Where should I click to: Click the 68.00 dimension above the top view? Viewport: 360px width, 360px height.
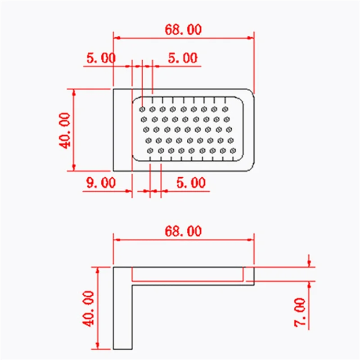[183, 30]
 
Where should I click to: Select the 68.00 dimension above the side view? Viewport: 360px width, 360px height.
[183, 231]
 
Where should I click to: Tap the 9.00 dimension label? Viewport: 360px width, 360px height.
[100, 183]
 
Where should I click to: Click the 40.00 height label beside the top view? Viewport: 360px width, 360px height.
[64, 130]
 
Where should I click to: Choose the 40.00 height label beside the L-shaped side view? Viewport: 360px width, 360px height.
[88, 308]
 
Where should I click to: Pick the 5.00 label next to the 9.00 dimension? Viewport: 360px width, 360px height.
[190, 183]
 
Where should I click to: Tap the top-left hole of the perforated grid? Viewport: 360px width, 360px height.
[142, 109]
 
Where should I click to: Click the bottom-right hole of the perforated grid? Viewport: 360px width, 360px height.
[233, 150]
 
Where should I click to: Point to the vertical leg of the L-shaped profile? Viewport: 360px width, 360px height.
[122, 315]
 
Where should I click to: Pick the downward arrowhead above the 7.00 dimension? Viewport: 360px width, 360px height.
[309, 264]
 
